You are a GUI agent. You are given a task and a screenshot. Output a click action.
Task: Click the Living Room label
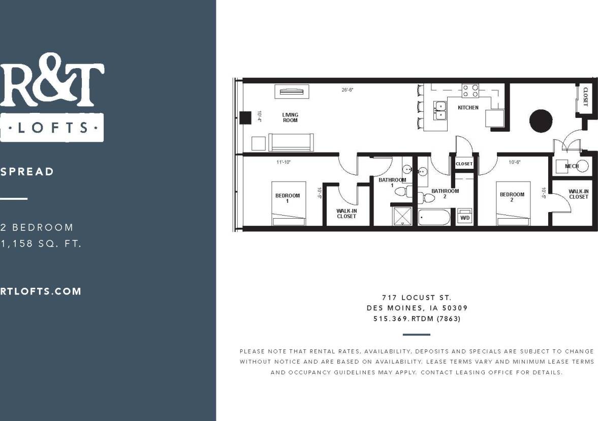point(290,117)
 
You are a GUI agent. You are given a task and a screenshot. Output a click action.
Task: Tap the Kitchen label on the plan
point(468,108)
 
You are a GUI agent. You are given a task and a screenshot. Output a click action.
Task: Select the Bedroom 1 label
point(288,198)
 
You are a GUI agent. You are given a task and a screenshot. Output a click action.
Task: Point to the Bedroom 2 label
point(512,197)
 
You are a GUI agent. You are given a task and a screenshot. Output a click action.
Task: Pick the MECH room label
point(572,166)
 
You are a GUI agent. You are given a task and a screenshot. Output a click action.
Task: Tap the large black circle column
point(541,121)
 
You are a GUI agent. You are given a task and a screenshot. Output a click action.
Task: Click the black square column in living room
point(245,118)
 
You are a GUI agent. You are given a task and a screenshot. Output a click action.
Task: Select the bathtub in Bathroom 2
point(434,218)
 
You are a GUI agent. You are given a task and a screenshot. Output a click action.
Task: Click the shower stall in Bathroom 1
point(402,216)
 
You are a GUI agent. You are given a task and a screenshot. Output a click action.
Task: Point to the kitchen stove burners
point(470,91)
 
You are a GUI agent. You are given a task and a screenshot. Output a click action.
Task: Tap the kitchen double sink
point(439,110)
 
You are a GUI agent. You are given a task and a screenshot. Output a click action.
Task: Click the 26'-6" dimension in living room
point(348,90)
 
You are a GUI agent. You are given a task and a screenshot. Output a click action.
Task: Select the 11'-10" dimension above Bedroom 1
point(284,162)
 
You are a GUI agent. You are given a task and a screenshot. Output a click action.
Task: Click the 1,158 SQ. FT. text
point(41,244)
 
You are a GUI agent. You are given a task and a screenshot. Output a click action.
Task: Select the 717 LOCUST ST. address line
point(417,297)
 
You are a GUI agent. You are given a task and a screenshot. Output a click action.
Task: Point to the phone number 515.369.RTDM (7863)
point(417,319)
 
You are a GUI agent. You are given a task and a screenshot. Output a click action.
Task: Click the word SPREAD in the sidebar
point(27,171)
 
